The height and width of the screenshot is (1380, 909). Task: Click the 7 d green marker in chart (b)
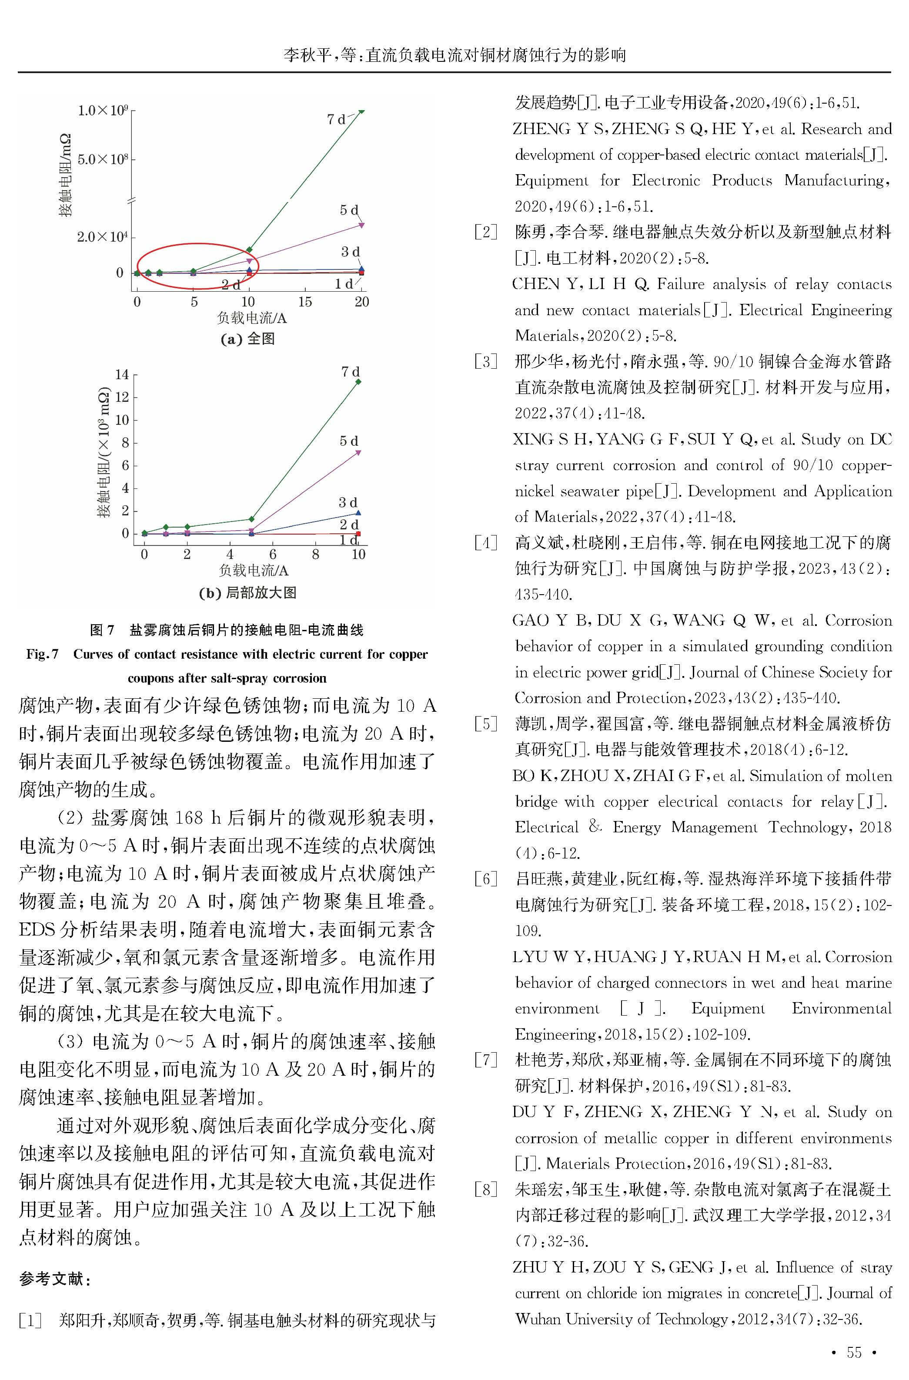(x=358, y=381)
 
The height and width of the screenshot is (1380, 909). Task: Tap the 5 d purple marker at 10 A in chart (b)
(x=358, y=452)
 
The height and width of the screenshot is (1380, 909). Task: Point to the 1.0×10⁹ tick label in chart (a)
(x=103, y=110)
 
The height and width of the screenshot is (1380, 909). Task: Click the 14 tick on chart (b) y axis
(x=122, y=375)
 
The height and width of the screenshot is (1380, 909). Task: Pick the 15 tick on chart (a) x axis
(x=305, y=302)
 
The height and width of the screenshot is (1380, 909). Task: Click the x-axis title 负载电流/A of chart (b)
(x=253, y=571)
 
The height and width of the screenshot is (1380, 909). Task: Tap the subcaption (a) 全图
(x=247, y=340)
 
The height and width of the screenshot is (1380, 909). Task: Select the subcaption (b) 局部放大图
(x=247, y=593)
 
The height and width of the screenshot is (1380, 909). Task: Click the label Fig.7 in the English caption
(x=42, y=654)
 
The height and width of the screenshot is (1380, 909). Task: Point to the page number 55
(x=854, y=1352)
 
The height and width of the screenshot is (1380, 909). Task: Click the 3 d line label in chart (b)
(x=348, y=502)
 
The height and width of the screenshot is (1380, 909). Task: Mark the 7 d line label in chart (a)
(x=336, y=119)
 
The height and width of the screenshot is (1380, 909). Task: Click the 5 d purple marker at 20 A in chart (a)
(x=362, y=225)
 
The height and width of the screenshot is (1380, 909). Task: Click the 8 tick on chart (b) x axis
(x=315, y=555)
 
